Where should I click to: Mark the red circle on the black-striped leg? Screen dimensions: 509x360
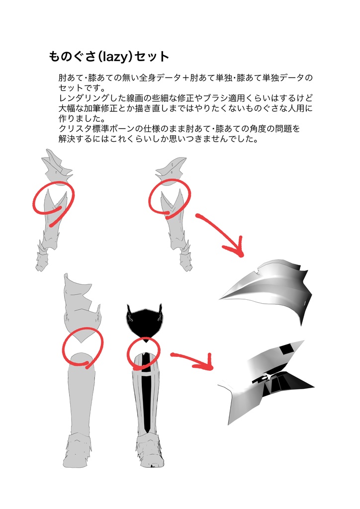pos(144,353)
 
